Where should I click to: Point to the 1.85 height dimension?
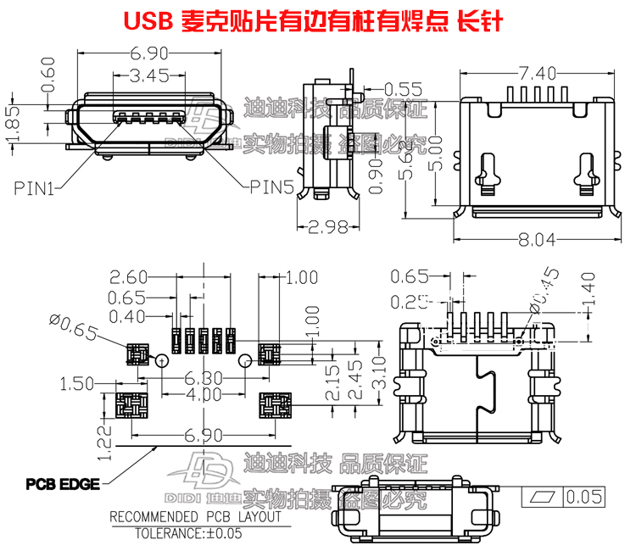click(12, 125)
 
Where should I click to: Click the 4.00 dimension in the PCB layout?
click(204, 396)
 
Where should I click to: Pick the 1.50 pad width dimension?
click(77, 384)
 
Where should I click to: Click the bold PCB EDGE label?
click(63, 485)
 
